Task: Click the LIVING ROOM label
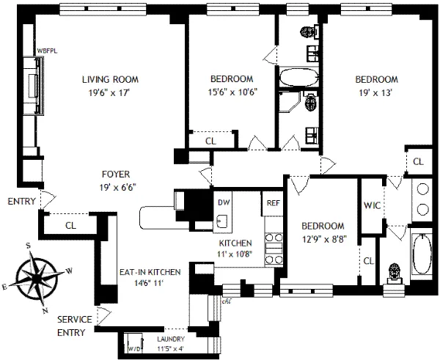tap(110, 79)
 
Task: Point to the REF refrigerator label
tap(273, 202)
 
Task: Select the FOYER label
tap(116, 175)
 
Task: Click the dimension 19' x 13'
tap(376, 92)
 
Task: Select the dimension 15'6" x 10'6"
tap(232, 92)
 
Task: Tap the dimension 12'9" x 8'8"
tap(322, 238)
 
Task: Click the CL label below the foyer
tap(70, 226)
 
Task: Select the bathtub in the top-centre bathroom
tap(297, 77)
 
